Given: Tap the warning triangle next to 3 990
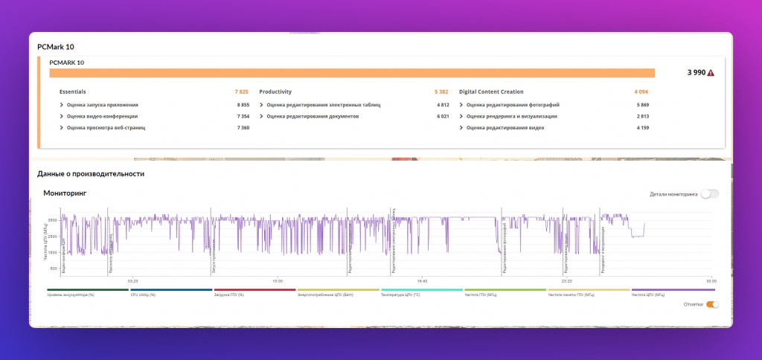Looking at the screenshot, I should [x=711, y=73].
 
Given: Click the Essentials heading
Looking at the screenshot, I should [x=73, y=91].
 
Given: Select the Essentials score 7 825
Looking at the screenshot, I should [x=241, y=91].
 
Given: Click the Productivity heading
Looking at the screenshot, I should [x=275, y=91].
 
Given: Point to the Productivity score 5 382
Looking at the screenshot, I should [x=441, y=91].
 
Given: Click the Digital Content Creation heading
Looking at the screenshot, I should [x=491, y=91].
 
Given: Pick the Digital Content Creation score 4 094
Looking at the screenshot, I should [x=641, y=91].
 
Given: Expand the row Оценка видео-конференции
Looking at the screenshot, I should [x=102, y=116].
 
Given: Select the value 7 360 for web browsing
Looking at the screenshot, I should [x=243, y=128].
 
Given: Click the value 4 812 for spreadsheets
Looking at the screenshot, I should [x=443, y=105].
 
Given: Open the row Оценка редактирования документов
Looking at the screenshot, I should [x=313, y=116].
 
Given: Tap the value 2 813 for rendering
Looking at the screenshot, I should [x=642, y=116].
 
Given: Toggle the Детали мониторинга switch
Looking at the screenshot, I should [x=710, y=193].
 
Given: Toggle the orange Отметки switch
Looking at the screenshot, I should [x=712, y=304].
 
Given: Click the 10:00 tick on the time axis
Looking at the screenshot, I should [x=278, y=281].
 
